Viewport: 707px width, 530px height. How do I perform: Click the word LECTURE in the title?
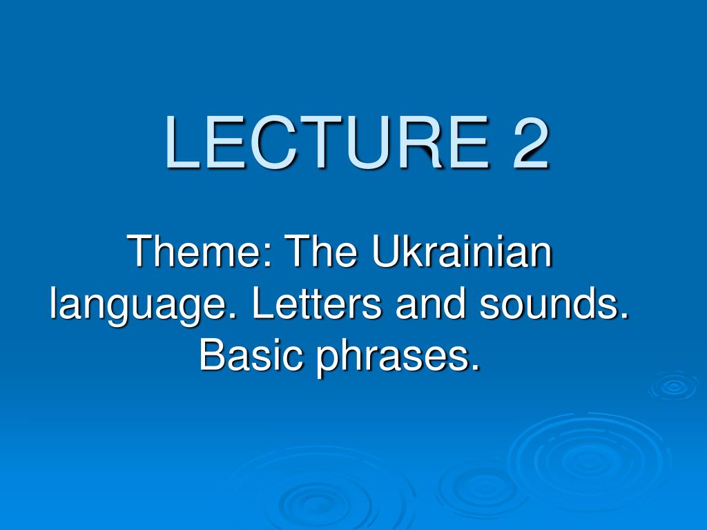pyautogui.click(x=327, y=142)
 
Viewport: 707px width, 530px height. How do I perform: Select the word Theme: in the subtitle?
pyautogui.click(x=201, y=251)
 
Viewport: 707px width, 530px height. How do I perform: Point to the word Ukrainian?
pyautogui.click(x=462, y=251)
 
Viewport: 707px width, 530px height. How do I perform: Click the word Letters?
pyautogui.click(x=316, y=303)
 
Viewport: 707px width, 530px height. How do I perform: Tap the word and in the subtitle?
pyautogui.click(x=430, y=303)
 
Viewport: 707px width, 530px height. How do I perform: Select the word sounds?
pyautogui.click(x=554, y=303)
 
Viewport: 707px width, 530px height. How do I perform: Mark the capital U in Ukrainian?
pyautogui.click(x=386, y=251)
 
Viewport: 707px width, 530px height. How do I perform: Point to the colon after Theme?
pyautogui.click(x=269, y=256)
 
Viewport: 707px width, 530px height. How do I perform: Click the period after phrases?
pyautogui.click(x=474, y=367)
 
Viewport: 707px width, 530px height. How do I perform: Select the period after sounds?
pyautogui.click(x=624, y=315)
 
